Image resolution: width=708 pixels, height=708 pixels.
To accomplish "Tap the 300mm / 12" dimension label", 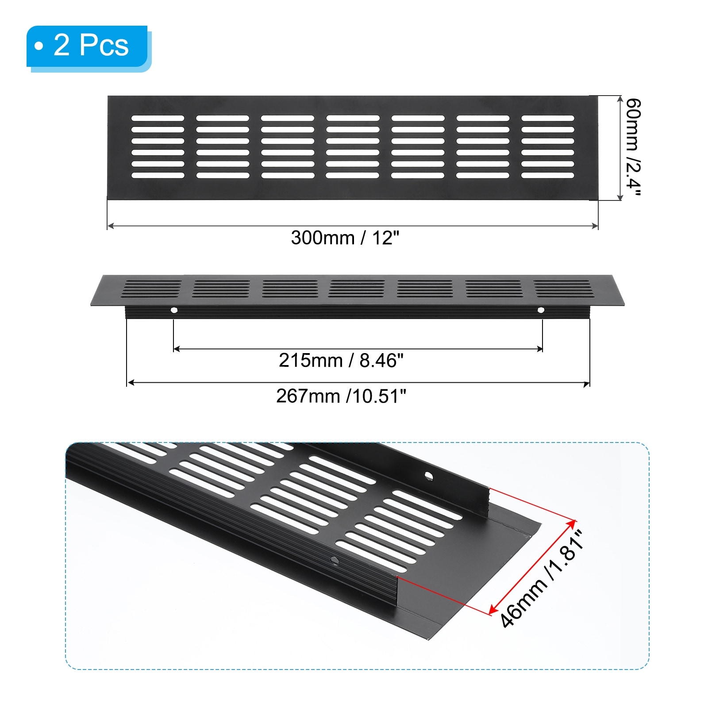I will point(345,238).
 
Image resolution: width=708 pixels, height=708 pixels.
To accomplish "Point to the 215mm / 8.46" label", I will point(341,361).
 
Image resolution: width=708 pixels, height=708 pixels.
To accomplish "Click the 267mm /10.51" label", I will point(341,396).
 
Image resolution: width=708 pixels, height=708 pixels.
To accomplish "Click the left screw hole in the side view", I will point(174,310).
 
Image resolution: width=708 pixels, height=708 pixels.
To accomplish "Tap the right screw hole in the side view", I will point(541,310).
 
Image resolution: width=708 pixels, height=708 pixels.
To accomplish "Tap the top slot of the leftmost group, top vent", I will point(158,118).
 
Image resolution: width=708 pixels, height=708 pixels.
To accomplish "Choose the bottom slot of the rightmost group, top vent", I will point(548,175).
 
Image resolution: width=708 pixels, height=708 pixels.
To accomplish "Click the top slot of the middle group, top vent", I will point(353,118).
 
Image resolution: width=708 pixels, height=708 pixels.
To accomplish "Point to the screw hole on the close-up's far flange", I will point(428,476).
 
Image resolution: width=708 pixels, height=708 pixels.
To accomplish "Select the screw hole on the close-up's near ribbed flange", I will point(335,561).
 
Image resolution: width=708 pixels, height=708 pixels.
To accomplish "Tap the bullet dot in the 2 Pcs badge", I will point(39,46).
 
